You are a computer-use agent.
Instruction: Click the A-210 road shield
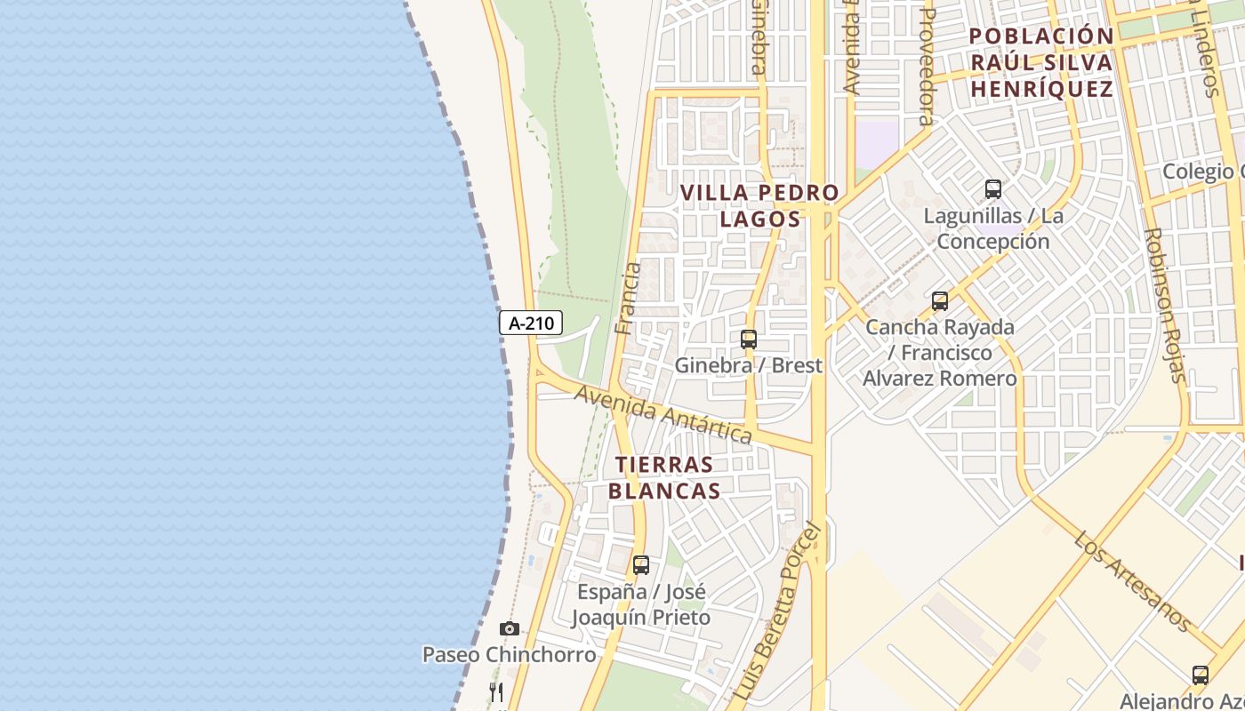(x=532, y=324)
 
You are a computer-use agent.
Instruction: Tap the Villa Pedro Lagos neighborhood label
(x=759, y=205)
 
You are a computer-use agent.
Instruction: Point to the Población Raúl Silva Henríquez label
(x=1041, y=62)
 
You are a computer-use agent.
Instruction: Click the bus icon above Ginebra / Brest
(x=749, y=339)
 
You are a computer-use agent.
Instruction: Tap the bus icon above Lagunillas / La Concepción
(x=993, y=188)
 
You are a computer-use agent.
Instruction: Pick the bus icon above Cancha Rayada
(x=940, y=301)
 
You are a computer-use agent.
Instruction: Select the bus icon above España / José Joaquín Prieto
(x=641, y=564)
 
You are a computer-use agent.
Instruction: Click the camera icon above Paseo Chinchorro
(x=509, y=629)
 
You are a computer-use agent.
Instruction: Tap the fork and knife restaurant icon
(x=496, y=691)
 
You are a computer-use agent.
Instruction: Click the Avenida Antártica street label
(x=663, y=415)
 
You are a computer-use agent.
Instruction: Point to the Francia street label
(x=628, y=299)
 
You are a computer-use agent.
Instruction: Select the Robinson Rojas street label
(x=1165, y=305)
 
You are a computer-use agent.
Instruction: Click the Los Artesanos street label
(x=1132, y=581)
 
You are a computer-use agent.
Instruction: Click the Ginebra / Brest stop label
(x=749, y=365)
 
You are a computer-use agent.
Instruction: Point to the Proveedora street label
(x=927, y=67)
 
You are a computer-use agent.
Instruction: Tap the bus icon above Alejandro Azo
(x=1201, y=675)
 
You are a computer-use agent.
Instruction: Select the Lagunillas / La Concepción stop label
(x=993, y=228)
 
